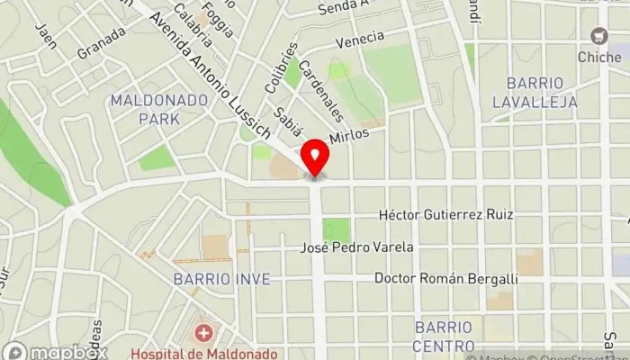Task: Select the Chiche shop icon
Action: [598, 35]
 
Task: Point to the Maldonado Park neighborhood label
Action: [146, 109]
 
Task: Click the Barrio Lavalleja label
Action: [535, 93]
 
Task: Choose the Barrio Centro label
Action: [443, 335]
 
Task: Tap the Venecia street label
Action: [359, 40]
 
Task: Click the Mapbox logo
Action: [56, 350]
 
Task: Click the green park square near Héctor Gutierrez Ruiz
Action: [337, 230]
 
